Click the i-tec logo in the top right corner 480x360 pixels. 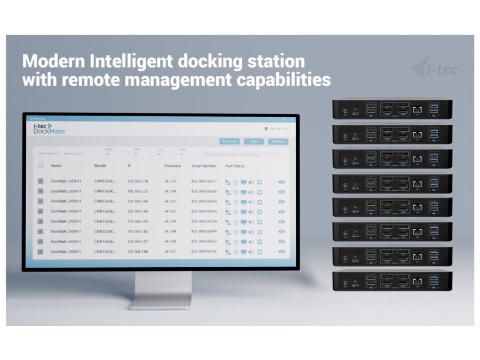pos(436,69)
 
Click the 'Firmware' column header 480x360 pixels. pos(172,166)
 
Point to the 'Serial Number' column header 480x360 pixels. pos(204,166)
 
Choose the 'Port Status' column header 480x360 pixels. pos(235,166)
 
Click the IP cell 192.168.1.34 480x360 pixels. pos(138,181)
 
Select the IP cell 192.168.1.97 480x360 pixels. pos(138,241)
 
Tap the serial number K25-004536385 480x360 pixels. pos(204,191)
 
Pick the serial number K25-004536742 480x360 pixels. pos(204,252)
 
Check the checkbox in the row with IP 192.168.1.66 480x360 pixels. pos(40,201)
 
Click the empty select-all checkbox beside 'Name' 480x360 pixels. pos(40,165)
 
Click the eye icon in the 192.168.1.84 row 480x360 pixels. pos(281,211)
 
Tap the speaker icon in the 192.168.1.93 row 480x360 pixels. pos(251,221)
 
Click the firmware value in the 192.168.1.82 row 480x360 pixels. pos(170,232)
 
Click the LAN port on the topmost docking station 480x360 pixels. pos(417,110)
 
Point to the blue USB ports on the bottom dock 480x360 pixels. pos(434,281)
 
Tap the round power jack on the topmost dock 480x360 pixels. pos(346,112)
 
